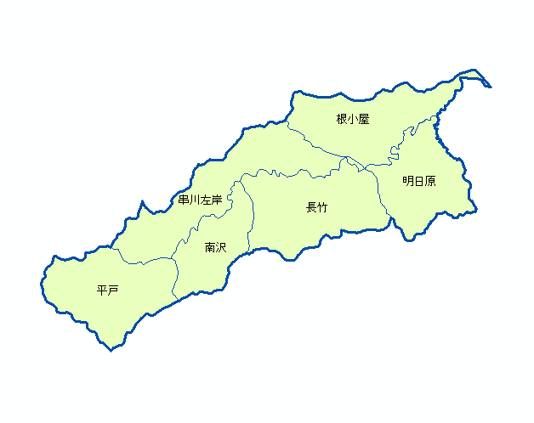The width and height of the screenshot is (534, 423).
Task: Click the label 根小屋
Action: (352, 120)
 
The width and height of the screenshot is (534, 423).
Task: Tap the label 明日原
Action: (418, 181)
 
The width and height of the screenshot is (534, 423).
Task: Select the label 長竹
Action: (316, 207)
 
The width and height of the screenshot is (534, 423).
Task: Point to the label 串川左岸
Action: (200, 200)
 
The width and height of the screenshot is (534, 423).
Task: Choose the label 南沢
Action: (215, 248)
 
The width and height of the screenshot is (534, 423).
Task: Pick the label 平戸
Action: (107, 291)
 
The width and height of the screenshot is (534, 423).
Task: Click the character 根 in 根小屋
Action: (342, 120)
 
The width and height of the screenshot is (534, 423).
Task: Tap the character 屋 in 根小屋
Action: (363, 120)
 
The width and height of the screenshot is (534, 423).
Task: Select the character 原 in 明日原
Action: (429, 181)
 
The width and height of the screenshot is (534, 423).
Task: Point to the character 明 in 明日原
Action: (408, 181)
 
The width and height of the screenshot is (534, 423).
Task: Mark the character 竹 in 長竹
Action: (321, 207)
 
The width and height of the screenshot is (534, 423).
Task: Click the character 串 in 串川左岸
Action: (184, 200)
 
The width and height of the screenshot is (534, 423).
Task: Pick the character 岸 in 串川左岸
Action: (216, 200)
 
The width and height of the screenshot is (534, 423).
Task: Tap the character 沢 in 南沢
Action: (220, 248)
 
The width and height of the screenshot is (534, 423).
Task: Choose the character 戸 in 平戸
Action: (112, 291)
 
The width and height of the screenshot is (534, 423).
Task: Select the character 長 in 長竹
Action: (311, 207)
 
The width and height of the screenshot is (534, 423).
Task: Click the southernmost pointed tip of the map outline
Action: (111, 350)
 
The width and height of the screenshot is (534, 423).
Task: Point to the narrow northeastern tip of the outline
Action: (490, 86)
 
